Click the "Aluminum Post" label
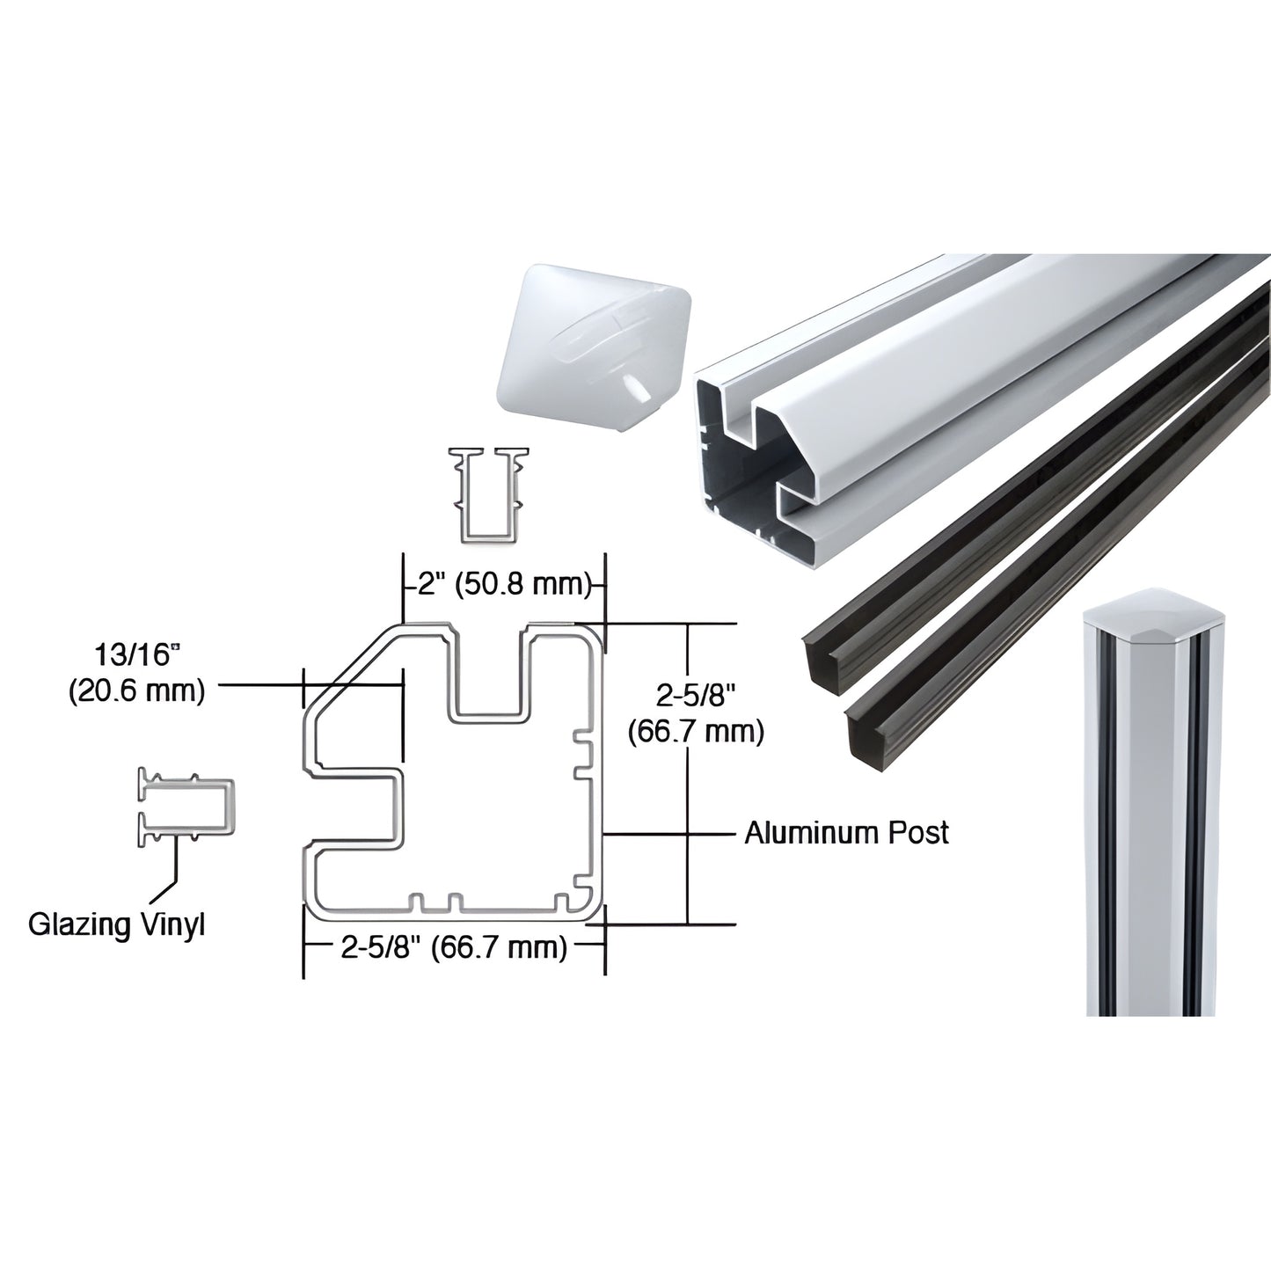(x=846, y=832)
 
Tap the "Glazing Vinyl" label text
(x=117, y=924)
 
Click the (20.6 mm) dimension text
(x=136, y=691)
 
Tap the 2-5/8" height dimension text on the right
(x=694, y=696)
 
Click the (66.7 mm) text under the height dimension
(x=696, y=731)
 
